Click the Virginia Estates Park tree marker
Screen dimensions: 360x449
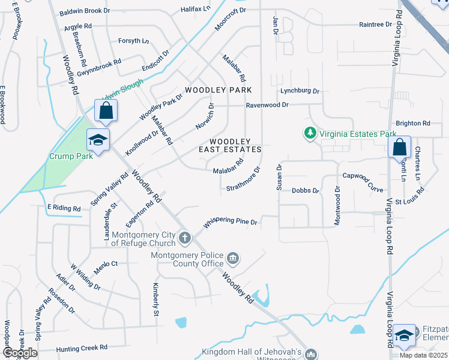tap(310, 133)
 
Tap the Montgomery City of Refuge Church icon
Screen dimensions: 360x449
tap(185, 238)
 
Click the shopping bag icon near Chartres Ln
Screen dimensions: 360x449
tap(399, 147)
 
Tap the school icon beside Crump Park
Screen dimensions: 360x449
tap(97, 140)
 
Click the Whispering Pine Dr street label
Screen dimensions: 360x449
tap(230, 223)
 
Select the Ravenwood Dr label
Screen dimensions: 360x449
tap(267, 105)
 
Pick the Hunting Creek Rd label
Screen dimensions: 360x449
tap(82, 348)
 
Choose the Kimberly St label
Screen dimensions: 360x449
tap(155, 299)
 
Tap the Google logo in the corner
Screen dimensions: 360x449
tap(20, 353)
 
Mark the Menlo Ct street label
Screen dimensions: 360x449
tap(106, 263)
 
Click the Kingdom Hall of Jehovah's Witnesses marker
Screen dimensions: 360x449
tap(311, 355)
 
